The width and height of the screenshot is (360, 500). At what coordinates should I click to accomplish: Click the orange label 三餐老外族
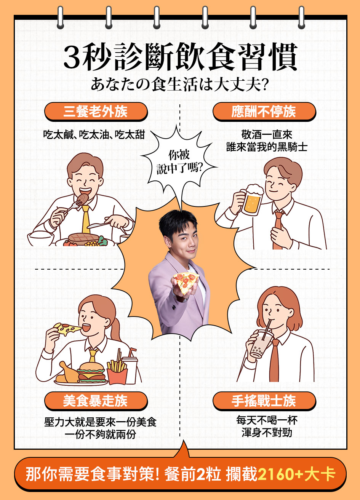pyautogui.click(x=96, y=112)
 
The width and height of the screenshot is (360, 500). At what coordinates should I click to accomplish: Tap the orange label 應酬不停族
pyautogui.click(x=264, y=112)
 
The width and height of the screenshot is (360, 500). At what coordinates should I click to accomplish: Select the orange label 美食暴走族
pyautogui.click(x=96, y=401)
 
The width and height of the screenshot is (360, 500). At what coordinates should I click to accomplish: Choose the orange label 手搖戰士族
pyautogui.click(x=264, y=401)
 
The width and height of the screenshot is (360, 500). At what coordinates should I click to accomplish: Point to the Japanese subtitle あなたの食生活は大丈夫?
pyautogui.click(x=179, y=85)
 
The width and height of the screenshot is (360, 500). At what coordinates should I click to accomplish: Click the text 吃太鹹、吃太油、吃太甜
pyautogui.click(x=94, y=134)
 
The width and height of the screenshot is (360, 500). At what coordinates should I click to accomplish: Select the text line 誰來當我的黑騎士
pyautogui.click(x=267, y=147)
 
